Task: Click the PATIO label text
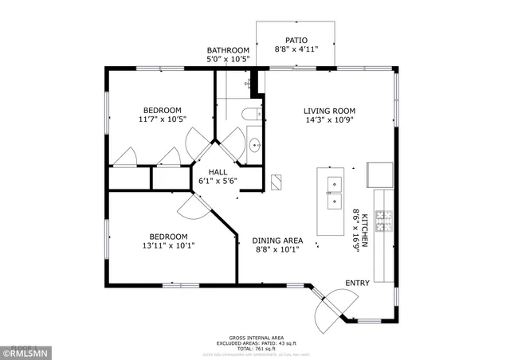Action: coord(296,40)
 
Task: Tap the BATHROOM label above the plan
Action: coord(228,50)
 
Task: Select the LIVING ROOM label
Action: coord(329,111)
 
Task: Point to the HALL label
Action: coord(218,172)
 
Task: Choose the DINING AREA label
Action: coord(277,241)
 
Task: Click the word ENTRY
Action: coord(357,284)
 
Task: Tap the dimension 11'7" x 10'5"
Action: coord(162,119)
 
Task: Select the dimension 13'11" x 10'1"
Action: coord(168,245)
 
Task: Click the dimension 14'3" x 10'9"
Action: coord(329,120)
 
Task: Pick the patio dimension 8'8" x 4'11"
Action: coord(296,49)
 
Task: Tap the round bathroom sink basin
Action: coord(254,145)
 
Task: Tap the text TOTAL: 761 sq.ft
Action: coord(253,349)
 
